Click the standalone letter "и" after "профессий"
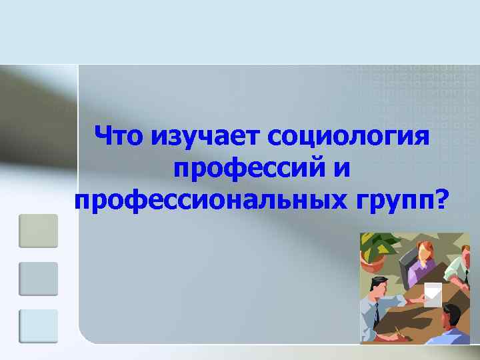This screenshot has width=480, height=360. pos(339,168)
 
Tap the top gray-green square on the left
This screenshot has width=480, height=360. pos(38,231)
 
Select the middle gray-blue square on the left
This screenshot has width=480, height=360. pos(38,279)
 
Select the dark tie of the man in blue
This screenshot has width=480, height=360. pos(376,312)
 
